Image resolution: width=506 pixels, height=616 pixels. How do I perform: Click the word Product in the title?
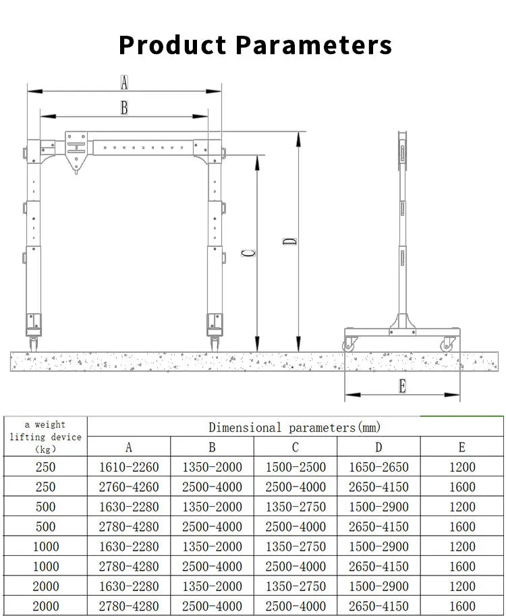[x=172, y=45]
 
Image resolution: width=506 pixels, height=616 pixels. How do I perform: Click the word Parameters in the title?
[x=313, y=45]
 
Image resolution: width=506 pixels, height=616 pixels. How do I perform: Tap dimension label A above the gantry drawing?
[x=124, y=83]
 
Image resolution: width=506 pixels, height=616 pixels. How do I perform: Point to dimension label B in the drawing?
[x=124, y=107]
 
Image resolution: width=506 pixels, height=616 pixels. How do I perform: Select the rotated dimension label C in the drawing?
[x=248, y=253]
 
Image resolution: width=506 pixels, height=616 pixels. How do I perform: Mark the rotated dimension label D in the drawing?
[x=289, y=241]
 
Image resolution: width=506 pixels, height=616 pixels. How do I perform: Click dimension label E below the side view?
[x=403, y=387]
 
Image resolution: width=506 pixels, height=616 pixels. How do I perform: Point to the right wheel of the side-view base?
[x=446, y=345]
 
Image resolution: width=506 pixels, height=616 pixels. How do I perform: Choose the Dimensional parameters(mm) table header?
[x=294, y=427]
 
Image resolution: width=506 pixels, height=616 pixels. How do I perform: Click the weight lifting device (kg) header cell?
[x=45, y=437]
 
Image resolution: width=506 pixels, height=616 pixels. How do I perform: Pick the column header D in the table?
[x=378, y=447]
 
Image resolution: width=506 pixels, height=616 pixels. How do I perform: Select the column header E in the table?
[x=462, y=447]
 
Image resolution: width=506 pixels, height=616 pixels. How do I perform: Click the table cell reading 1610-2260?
[x=129, y=467]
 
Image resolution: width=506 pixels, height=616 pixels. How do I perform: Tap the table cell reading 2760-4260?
[x=129, y=487]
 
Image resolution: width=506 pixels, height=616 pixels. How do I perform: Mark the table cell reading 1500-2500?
[x=296, y=467]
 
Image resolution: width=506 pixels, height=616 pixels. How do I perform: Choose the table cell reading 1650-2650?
[x=378, y=467]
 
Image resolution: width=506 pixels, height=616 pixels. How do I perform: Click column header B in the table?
[x=212, y=447]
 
